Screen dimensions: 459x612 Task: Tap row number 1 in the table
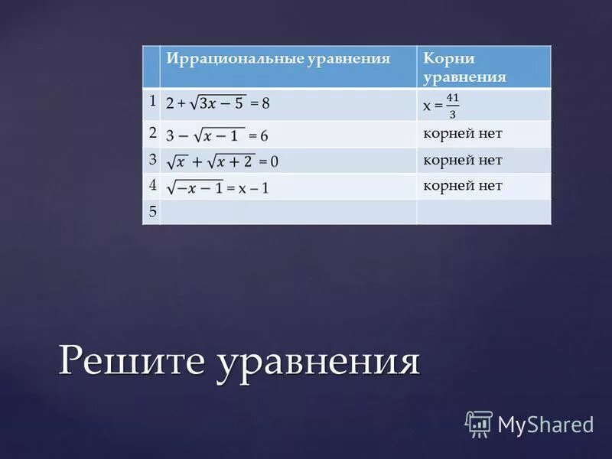coord(151,101)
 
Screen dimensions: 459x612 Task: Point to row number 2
coord(151,133)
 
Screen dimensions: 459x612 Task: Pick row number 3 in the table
coord(151,160)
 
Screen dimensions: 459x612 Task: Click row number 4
coord(151,186)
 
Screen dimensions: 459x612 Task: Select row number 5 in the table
coord(151,212)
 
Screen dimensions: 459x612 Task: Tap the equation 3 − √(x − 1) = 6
coord(217,135)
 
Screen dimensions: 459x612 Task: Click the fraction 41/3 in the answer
coord(453,106)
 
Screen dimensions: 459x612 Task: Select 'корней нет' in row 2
coord(462,134)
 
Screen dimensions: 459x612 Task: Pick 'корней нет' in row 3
coord(462,160)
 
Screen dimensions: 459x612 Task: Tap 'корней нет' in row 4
coord(462,186)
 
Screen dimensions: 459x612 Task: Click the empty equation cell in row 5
coord(288,212)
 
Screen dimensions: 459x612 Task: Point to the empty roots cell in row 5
coord(483,212)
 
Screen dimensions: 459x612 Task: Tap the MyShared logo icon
coord(479,423)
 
